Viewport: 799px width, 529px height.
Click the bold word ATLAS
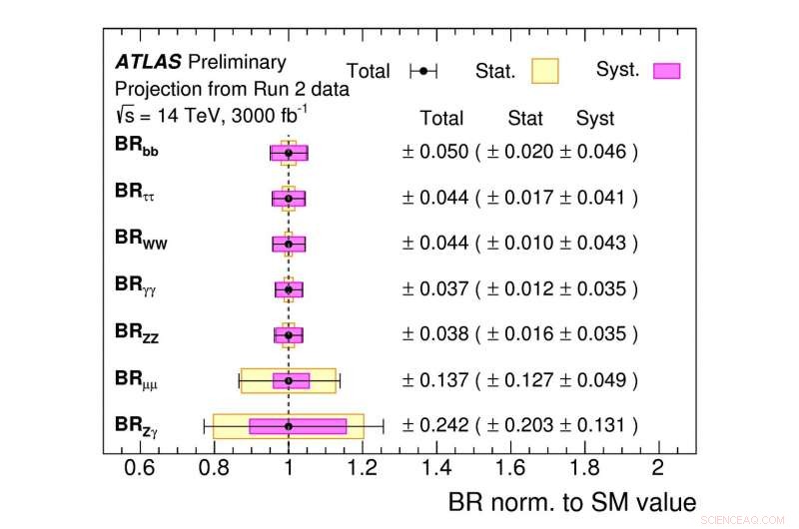point(147,62)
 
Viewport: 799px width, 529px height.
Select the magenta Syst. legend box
point(666,70)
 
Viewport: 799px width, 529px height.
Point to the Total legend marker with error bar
point(424,71)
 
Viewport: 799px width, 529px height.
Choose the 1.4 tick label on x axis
point(435,468)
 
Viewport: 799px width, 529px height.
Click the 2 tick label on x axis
point(657,468)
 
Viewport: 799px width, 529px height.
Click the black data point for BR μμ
point(289,380)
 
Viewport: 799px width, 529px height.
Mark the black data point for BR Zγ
point(289,426)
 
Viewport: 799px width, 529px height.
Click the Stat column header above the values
point(525,118)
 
